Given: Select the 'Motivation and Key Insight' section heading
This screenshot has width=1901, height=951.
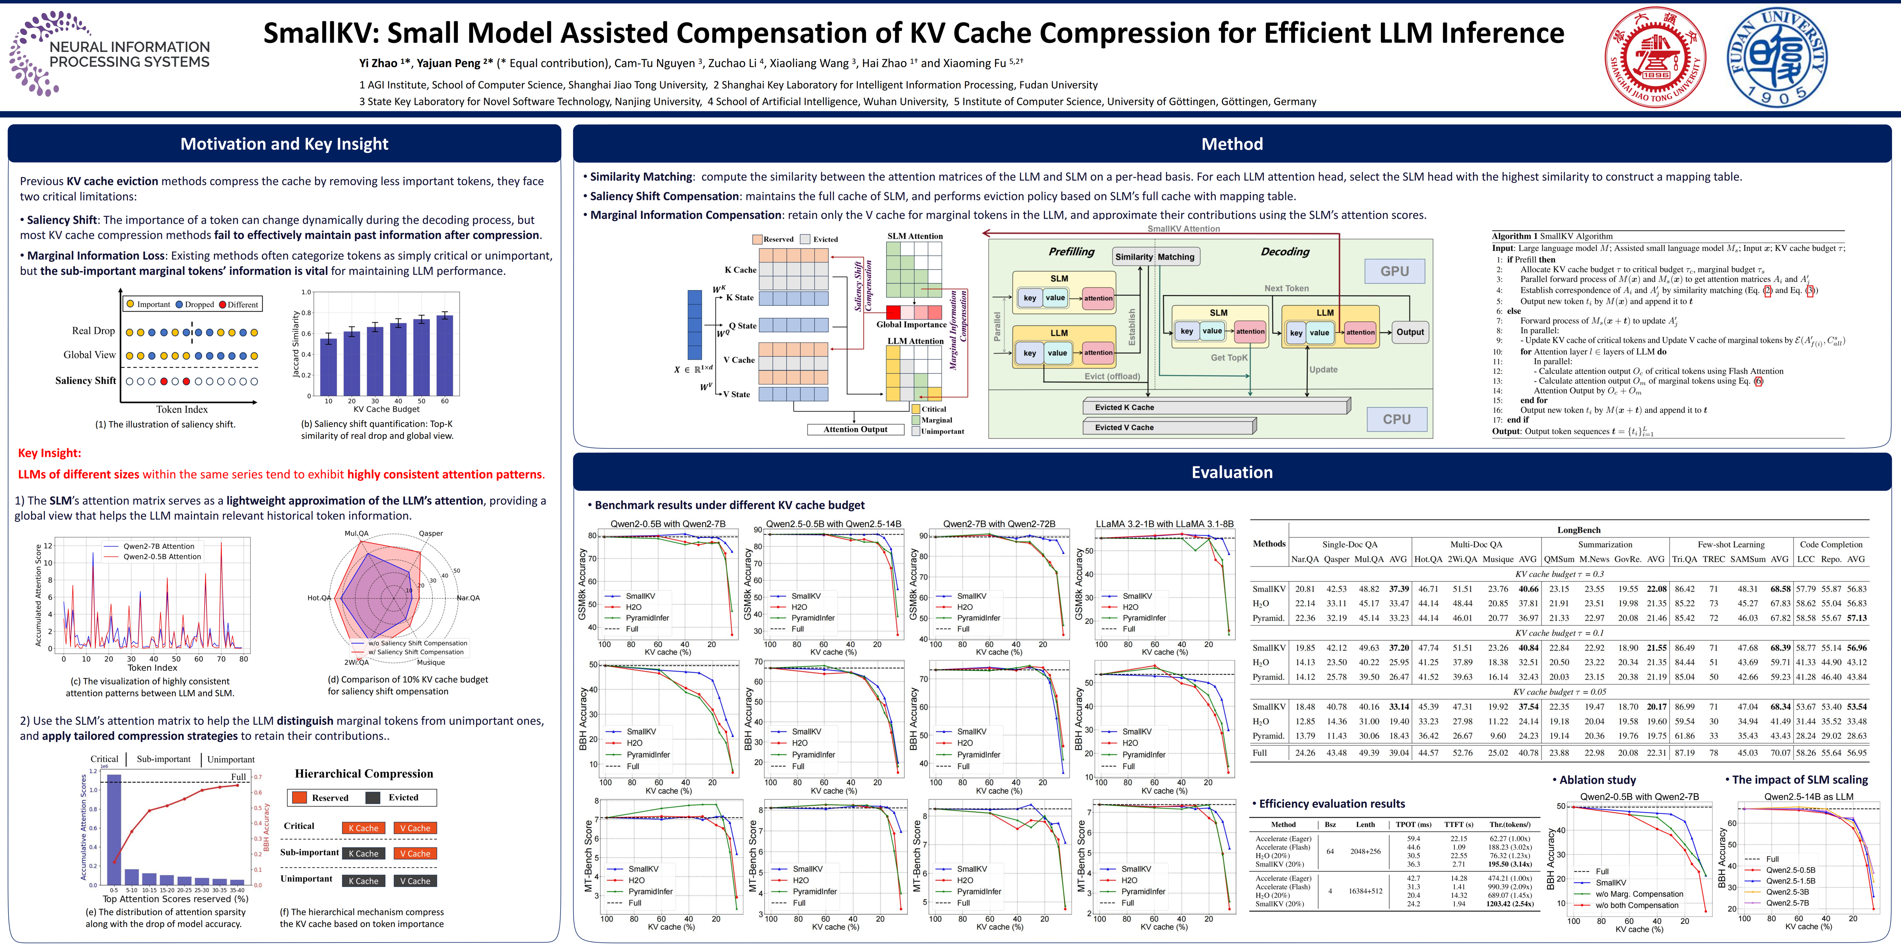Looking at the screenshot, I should click(284, 144).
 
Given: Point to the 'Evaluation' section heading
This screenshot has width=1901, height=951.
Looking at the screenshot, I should click(1232, 472).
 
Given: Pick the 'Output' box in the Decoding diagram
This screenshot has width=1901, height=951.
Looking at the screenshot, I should click(1409, 332).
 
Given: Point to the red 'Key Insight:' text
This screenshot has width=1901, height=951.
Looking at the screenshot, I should click(49, 453).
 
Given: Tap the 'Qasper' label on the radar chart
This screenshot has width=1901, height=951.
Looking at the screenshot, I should click(431, 533).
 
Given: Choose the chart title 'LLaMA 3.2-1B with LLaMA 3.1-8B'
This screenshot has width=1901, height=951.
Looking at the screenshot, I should click(1164, 524).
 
